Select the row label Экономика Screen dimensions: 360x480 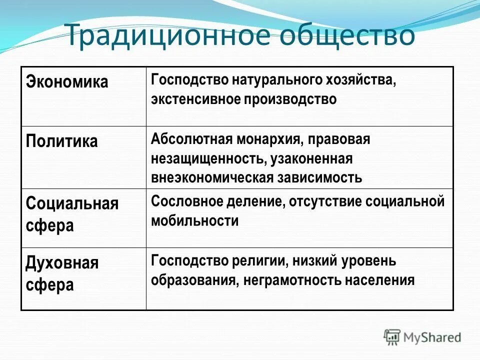pos(67,82)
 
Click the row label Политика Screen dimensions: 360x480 pos(61,141)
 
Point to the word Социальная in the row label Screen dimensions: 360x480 pos(72,204)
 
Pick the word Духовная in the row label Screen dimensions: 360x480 pos(62,263)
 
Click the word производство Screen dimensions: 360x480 pos(290,99)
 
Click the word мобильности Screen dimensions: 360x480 pos(194,220)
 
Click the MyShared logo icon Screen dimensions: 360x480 pos(392,336)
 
